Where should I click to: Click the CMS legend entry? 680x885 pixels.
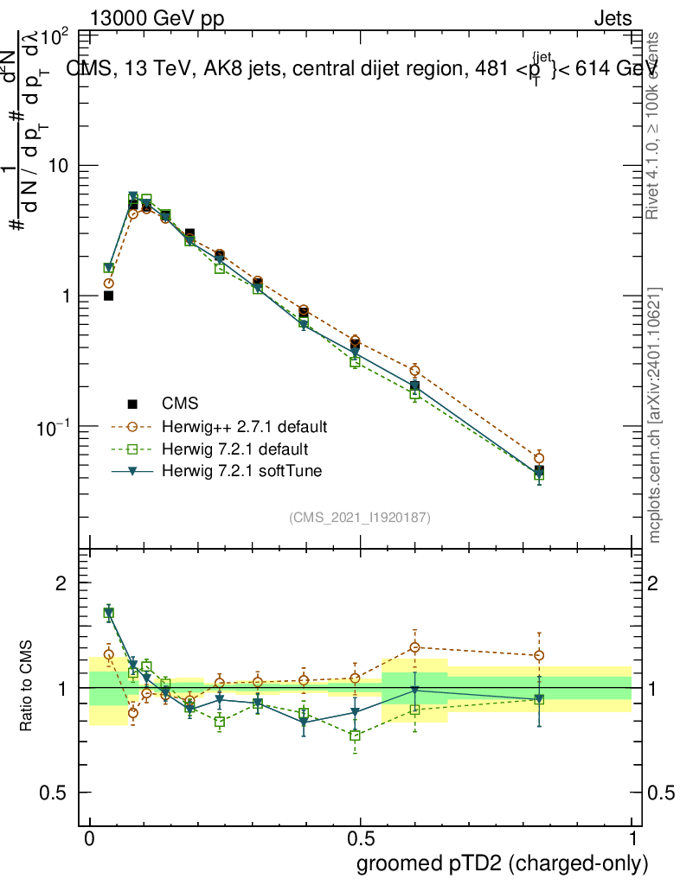[180, 404]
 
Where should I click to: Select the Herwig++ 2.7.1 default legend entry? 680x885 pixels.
[243, 427]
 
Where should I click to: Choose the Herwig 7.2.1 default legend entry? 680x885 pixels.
[235, 449]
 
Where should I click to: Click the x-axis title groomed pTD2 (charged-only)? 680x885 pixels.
[502, 863]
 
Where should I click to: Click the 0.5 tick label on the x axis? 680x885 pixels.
[360, 839]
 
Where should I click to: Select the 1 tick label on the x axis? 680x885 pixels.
[632, 839]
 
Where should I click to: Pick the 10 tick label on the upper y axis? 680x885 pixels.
[60, 165]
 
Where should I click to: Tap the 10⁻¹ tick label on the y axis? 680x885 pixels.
[55, 427]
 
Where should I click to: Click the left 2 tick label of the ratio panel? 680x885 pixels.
[61, 583]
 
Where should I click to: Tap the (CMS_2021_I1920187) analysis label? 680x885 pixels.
[360, 518]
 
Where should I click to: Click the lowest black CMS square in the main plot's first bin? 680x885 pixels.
[109, 296]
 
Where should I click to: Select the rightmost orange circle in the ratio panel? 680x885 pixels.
[539, 655]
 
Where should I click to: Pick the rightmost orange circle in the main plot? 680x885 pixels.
[539, 458]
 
